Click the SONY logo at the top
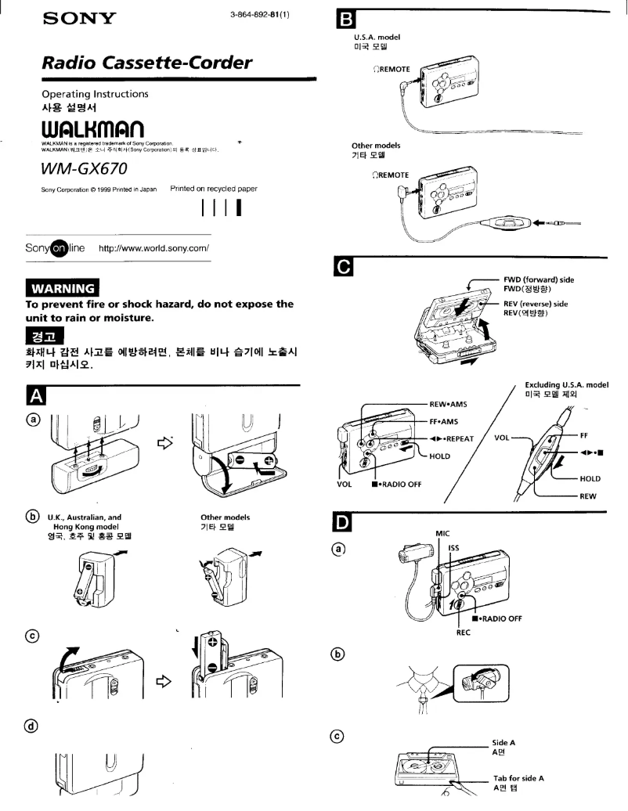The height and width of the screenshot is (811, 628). pos(76,17)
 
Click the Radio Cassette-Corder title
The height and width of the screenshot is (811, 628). pos(147,62)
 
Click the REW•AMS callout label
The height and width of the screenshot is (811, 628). pos(448,404)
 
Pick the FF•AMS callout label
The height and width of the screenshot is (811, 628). pos(442,421)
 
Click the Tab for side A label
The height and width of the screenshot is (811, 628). pos(518,778)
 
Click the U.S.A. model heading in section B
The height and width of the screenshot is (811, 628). pos(377,36)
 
